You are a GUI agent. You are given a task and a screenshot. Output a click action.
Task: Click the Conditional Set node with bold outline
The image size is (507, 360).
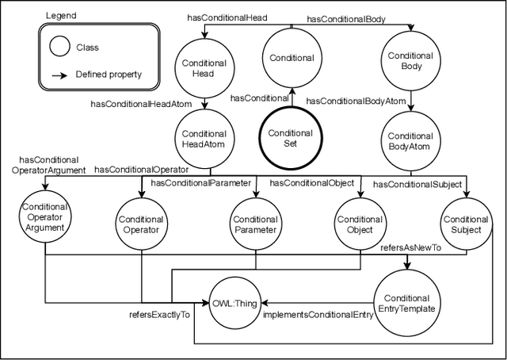click(291, 138)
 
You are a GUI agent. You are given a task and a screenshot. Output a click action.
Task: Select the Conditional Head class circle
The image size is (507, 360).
click(204, 67)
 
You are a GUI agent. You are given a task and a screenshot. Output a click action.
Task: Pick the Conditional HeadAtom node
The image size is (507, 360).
click(204, 139)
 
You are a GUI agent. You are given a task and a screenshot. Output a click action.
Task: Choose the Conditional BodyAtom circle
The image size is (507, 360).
click(410, 141)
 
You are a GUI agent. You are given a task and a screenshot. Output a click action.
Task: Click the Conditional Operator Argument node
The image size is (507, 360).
click(45, 218)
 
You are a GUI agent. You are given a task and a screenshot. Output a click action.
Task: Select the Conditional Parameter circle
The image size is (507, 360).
click(255, 224)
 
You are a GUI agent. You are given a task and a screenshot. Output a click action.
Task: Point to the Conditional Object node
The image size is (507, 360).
click(360, 224)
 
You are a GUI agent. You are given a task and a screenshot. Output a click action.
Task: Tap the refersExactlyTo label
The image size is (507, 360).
click(159, 315)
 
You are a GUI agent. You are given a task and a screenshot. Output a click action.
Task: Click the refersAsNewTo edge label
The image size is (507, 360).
click(411, 247)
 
